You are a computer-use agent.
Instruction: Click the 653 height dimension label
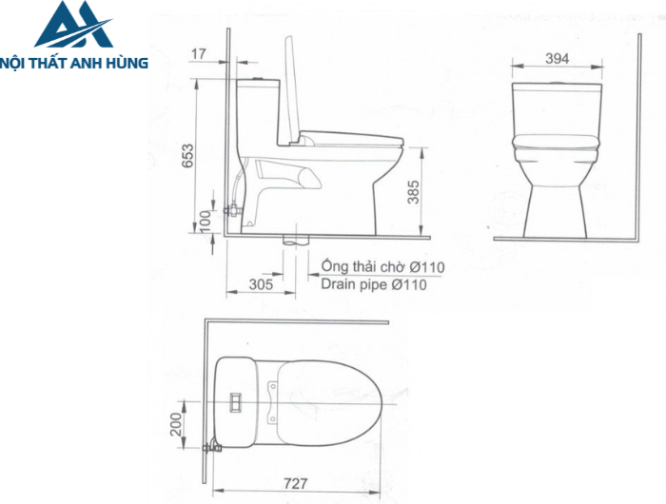[x=188, y=156]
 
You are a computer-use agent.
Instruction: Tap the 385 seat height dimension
[x=413, y=194]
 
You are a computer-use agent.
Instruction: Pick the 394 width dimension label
[x=558, y=59]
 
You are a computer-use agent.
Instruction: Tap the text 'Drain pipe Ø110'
[x=368, y=283]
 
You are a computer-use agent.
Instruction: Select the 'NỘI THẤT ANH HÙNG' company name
[x=75, y=63]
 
